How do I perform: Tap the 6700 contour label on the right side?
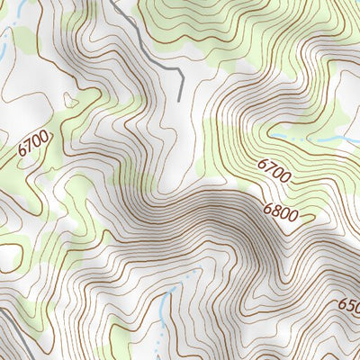tap(274, 171)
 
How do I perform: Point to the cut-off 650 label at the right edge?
tap(349, 305)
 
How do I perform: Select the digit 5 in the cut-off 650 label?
tap(350, 305)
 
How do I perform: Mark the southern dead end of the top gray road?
tap(183, 97)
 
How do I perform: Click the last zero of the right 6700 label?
tap(285, 177)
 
